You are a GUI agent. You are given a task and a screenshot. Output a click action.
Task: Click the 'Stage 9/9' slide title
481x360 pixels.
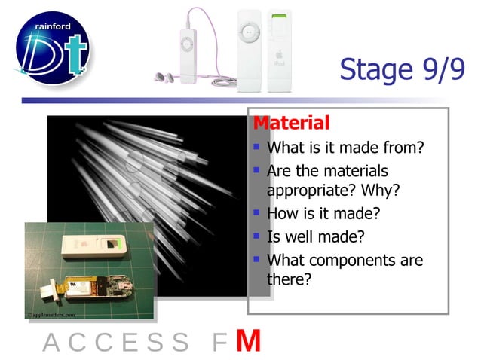point(401,70)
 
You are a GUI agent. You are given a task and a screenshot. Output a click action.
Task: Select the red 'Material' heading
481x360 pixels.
point(291,123)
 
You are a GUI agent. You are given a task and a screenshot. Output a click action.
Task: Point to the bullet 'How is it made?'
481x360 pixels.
point(323,213)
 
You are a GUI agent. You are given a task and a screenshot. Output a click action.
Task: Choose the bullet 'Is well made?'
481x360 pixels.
point(316,236)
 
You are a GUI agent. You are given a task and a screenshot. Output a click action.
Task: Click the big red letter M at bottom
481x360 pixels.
point(248,341)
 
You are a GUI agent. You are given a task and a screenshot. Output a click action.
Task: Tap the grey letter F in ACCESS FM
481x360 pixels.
point(219,343)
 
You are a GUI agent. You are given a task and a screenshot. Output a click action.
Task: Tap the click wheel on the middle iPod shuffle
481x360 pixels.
point(249,32)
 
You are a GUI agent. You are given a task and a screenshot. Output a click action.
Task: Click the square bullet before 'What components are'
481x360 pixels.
point(257,260)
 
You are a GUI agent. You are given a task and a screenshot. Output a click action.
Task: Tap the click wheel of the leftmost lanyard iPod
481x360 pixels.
point(184,44)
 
